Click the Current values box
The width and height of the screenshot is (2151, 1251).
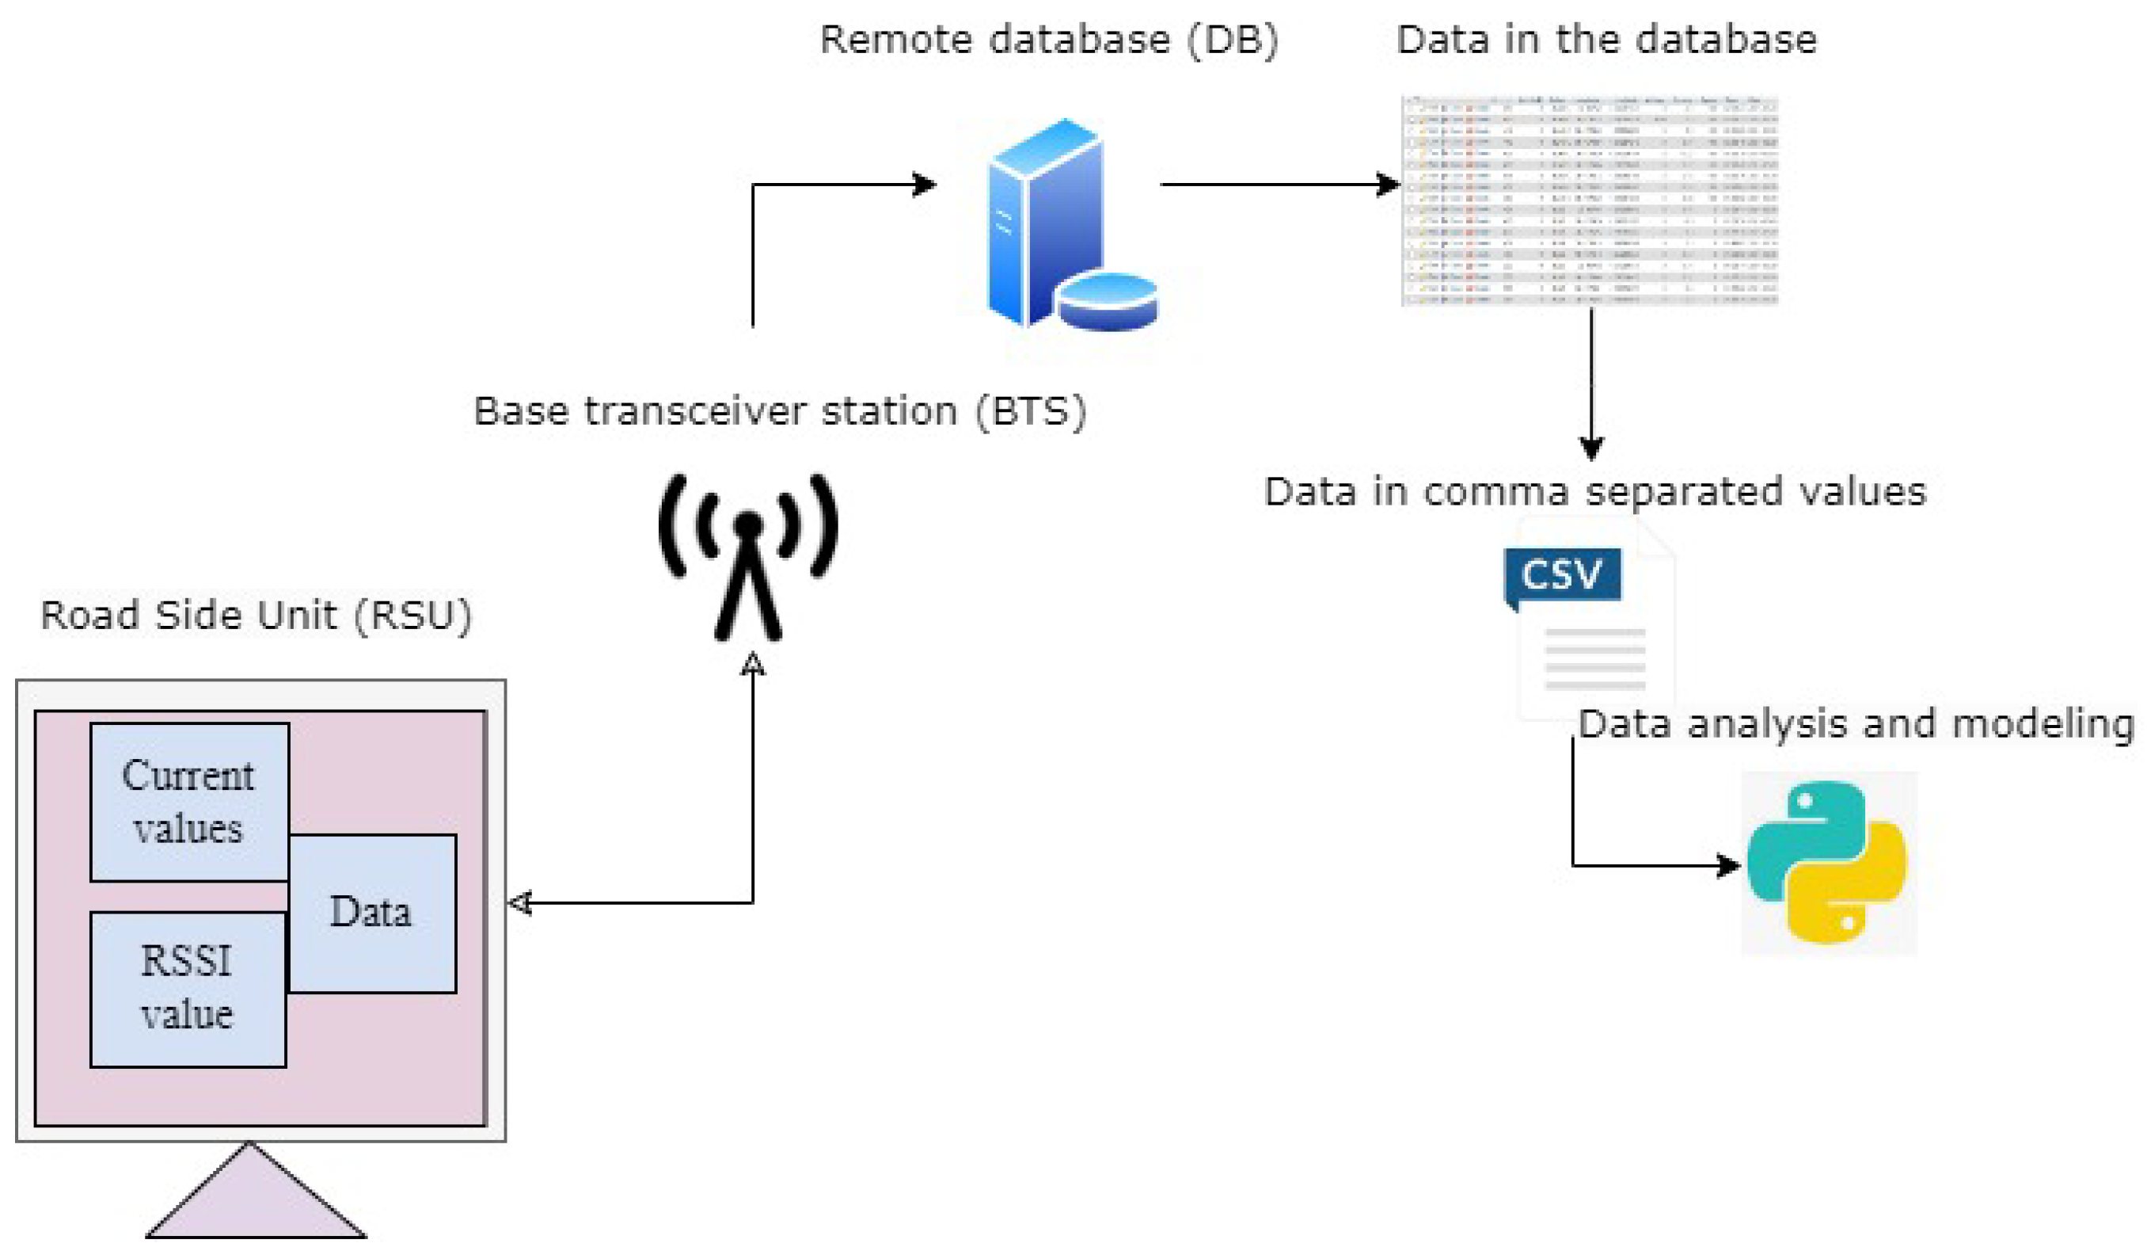(x=188, y=802)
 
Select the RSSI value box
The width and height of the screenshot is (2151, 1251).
(x=188, y=989)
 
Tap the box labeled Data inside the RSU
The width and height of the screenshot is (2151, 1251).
(x=371, y=913)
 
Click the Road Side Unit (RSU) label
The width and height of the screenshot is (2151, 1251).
(x=256, y=615)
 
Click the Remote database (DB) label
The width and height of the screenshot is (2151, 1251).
(x=1048, y=40)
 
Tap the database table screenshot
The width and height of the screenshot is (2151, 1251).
(x=1590, y=200)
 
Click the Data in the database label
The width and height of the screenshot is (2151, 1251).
(x=1606, y=40)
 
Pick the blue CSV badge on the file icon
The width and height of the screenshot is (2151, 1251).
(x=1561, y=574)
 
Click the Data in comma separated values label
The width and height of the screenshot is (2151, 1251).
(x=1594, y=492)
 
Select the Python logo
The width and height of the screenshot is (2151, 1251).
(x=1827, y=863)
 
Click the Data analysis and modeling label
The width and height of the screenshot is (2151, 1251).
(x=1854, y=724)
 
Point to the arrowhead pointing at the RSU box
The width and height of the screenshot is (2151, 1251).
(x=520, y=902)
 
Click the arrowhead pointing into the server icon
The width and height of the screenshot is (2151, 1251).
(x=924, y=184)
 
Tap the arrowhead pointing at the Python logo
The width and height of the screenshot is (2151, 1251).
(x=1727, y=866)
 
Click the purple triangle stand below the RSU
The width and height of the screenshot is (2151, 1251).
(x=254, y=1196)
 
